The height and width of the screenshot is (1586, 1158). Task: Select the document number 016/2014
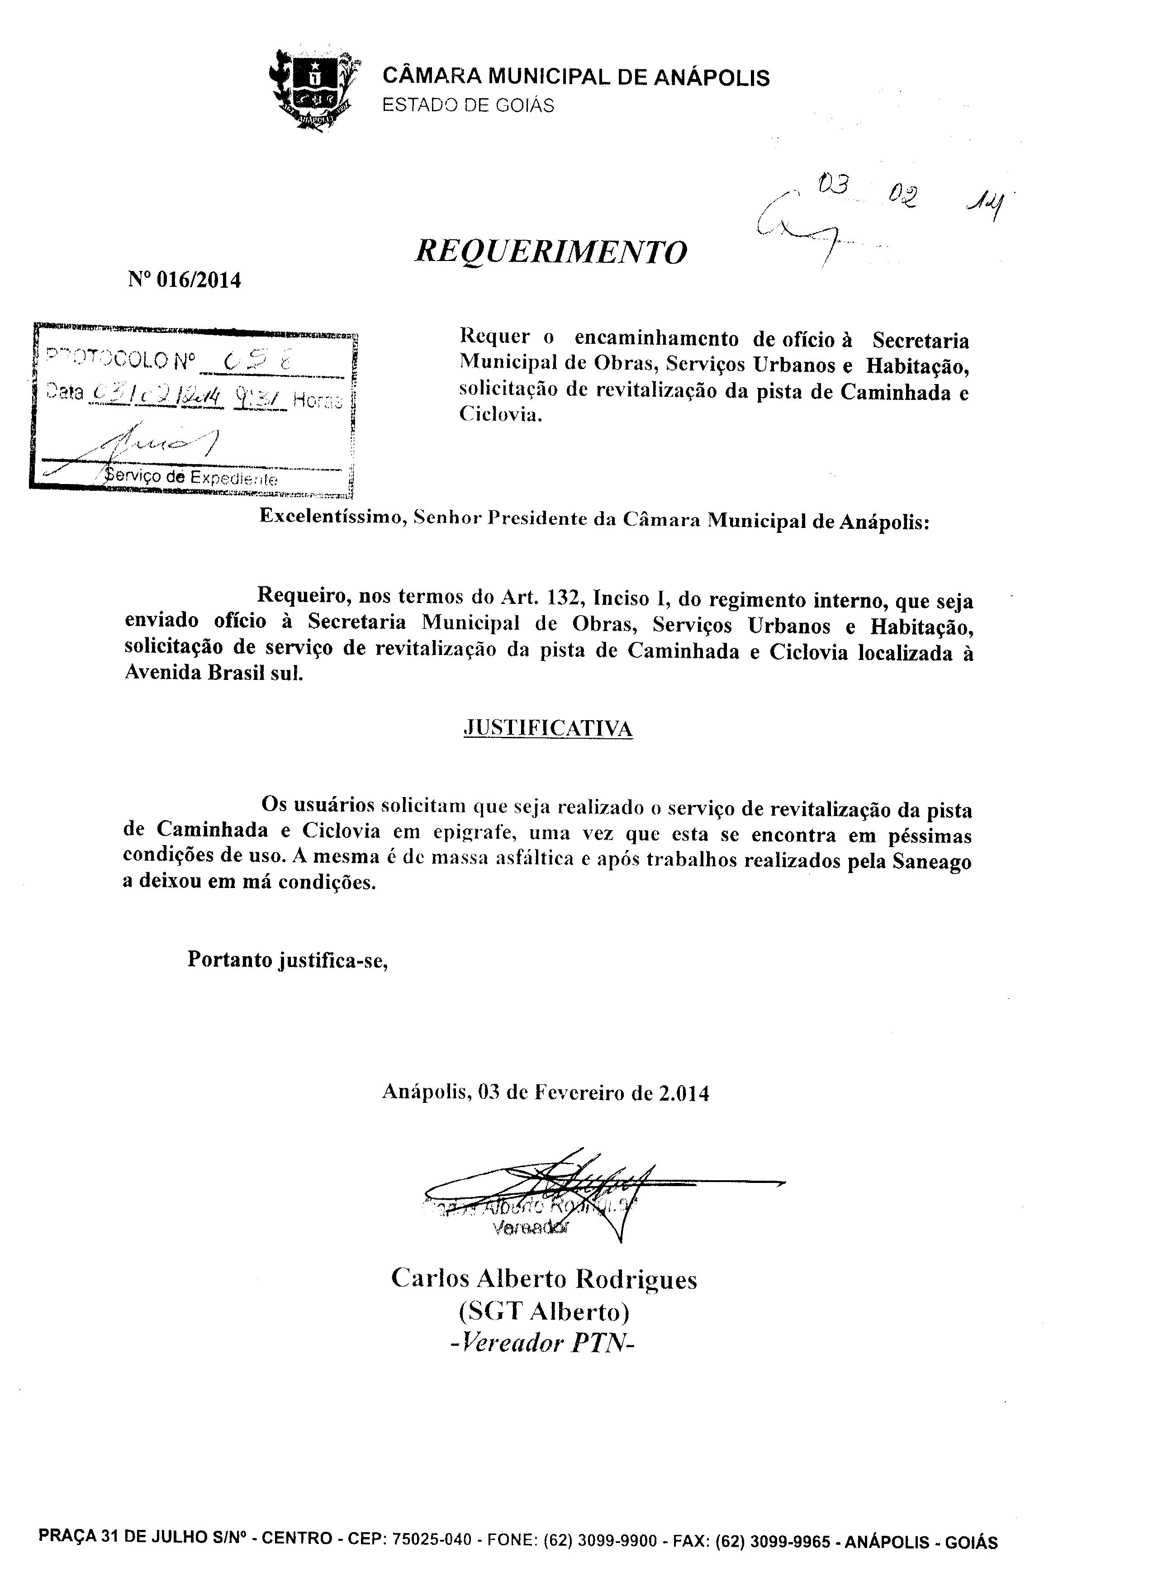click(x=199, y=280)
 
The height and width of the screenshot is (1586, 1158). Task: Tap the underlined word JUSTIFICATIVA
click(x=548, y=729)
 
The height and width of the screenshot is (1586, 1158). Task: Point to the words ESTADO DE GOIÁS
click(x=468, y=105)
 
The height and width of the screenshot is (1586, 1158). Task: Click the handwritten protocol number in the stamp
click(x=258, y=361)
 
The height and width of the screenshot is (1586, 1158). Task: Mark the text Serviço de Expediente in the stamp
click(x=191, y=478)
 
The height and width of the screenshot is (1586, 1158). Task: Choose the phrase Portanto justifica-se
click(x=287, y=959)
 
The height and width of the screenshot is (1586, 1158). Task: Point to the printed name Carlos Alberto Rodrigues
click(x=544, y=1278)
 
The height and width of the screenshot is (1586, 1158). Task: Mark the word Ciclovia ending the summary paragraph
click(x=500, y=414)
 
